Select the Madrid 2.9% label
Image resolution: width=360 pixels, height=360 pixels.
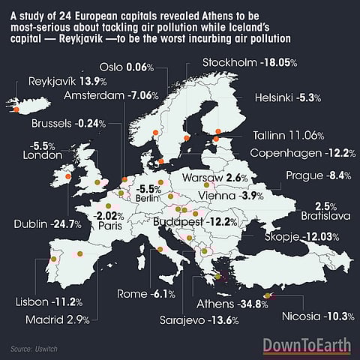tap(67, 320)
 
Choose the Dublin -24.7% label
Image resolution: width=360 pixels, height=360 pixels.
tap(44, 224)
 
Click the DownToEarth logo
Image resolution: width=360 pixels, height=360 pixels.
tap(307, 346)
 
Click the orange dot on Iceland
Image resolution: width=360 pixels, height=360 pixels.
tap(13, 106)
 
